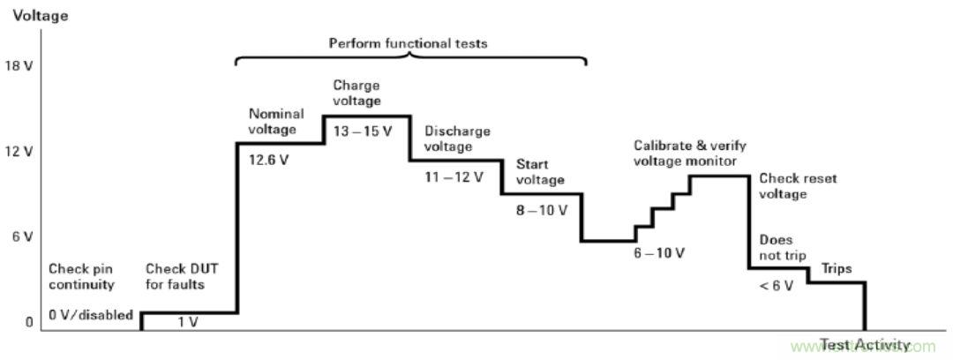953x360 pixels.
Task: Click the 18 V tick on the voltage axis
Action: click(19, 66)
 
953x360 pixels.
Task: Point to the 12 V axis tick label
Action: click(19, 152)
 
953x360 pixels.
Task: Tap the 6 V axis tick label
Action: click(19, 236)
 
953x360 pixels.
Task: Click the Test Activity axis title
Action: click(864, 345)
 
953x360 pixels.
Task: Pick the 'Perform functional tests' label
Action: click(408, 42)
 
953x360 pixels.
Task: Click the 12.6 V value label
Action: click(269, 162)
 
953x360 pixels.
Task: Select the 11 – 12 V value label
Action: click(454, 176)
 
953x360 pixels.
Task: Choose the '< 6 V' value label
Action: click(776, 285)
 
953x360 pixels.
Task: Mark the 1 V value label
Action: click(188, 323)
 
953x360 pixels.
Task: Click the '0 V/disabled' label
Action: click(91, 315)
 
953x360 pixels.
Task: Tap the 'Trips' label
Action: click(837, 268)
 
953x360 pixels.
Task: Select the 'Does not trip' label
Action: click(776, 248)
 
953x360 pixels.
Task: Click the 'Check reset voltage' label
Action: click(798, 186)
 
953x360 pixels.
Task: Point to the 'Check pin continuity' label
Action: click(81, 277)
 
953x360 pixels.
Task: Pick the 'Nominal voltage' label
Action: click(276, 121)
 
